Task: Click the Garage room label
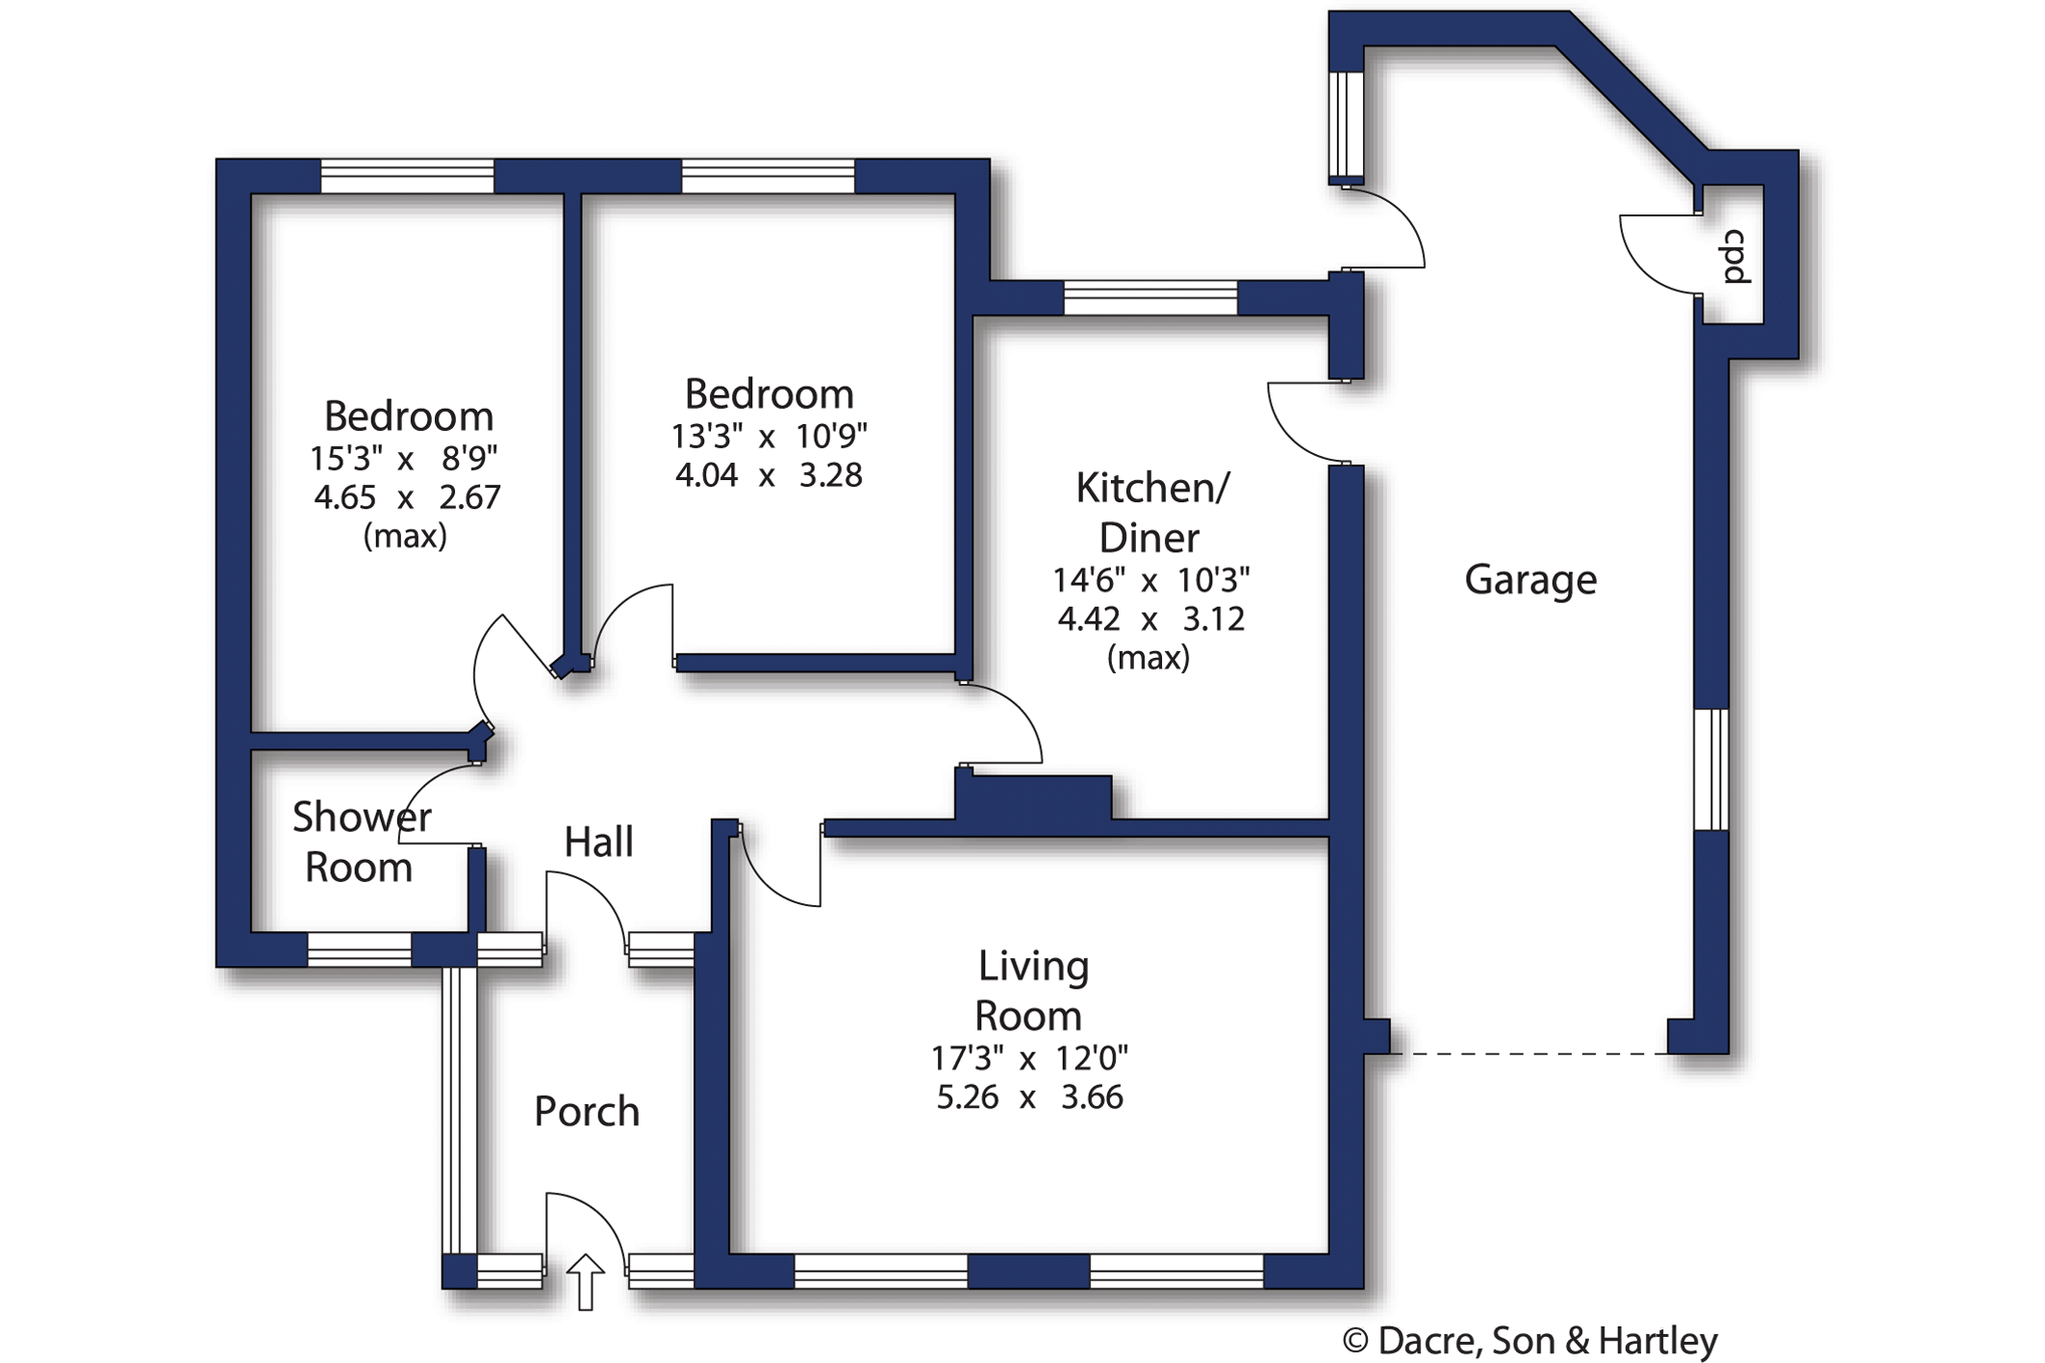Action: pyautogui.click(x=1530, y=580)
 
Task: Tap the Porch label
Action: pyautogui.click(x=587, y=1111)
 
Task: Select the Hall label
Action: pyautogui.click(x=598, y=842)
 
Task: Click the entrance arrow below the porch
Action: pyautogui.click(x=585, y=1282)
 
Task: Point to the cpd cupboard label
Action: pyautogui.click(x=1735, y=257)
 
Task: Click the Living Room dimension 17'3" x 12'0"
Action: pyautogui.click(x=1029, y=1058)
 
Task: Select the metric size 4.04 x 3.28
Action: pyautogui.click(x=769, y=475)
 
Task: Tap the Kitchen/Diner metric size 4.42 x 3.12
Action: pyautogui.click(x=1150, y=618)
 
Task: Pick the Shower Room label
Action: pyautogui.click(x=362, y=842)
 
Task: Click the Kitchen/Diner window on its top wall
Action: pyautogui.click(x=1150, y=298)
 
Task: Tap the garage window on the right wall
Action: pyautogui.click(x=1711, y=770)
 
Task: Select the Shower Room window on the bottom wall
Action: pyautogui.click(x=359, y=949)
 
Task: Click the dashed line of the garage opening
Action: pyautogui.click(x=1528, y=1054)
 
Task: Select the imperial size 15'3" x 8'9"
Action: pyautogui.click(x=404, y=459)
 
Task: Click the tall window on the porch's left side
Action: pyautogui.click(x=460, y=1110)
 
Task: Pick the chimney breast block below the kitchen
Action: pyautogui.click(x=1033, y=797)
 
